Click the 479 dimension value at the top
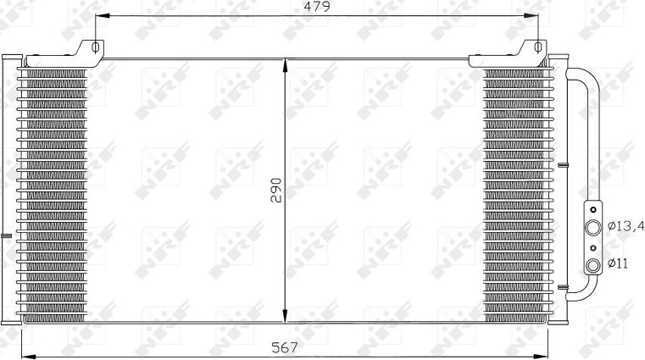(x=316, y=7)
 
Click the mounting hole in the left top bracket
(x=96, y=47)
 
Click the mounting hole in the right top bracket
(x=537, y=47)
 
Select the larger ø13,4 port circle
(x=594, y=227)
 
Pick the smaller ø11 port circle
(x=594, y=265)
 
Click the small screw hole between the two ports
(x=594, y=247)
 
